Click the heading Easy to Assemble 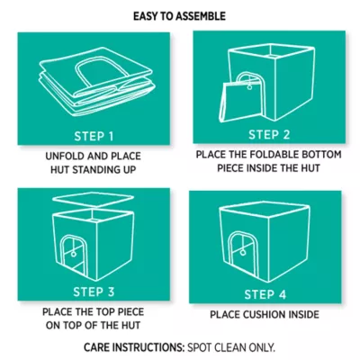179,16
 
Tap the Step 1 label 94,136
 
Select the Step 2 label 269,135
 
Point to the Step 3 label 94,292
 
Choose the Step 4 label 265,294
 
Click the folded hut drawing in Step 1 96,81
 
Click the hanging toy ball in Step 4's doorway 242,253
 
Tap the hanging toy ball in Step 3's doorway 73,254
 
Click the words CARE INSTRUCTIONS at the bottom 134,347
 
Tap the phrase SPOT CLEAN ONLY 231,347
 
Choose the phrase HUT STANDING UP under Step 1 93,170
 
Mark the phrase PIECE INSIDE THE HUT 268,168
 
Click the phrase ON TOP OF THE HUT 93,326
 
